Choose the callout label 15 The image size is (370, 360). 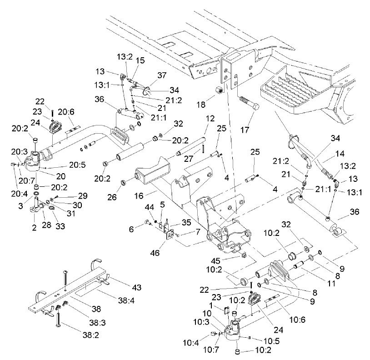(x=140, y=60)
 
